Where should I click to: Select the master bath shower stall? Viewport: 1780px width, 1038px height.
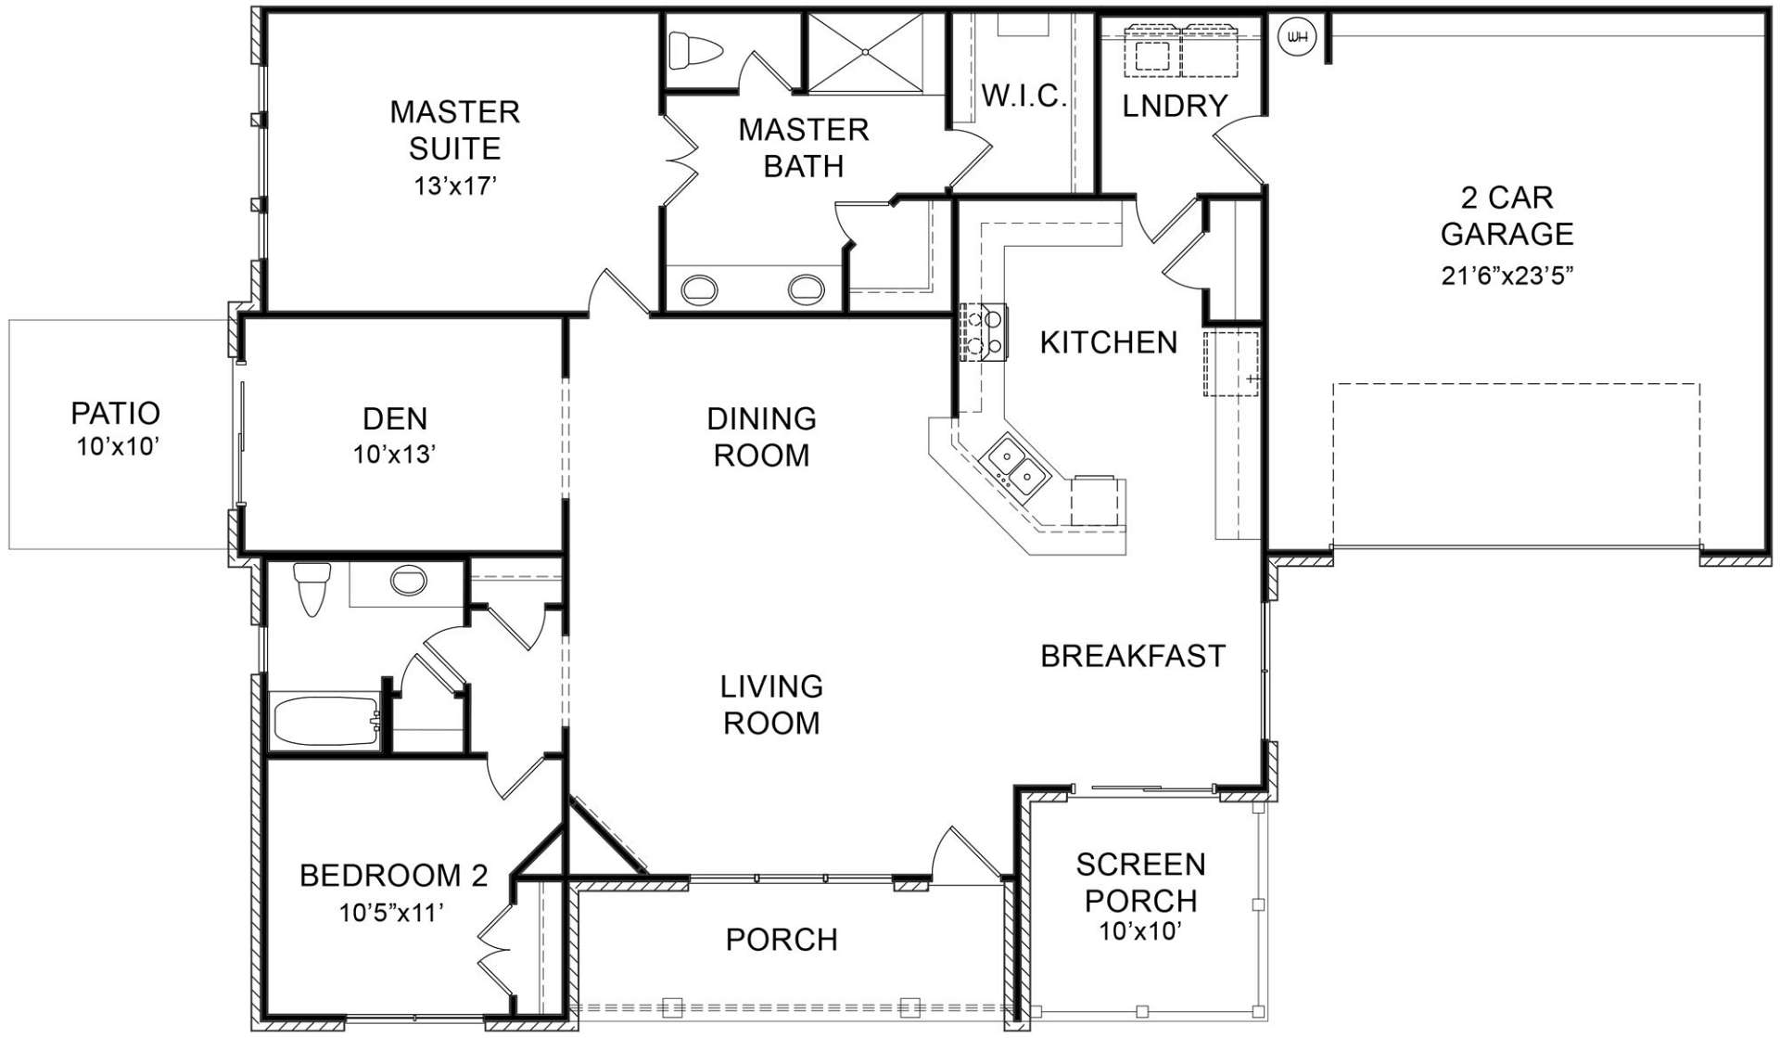pyautogui.click(x=867, y=53)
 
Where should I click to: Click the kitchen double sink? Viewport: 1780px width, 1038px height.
pyautogui.click(x=1017, y=467)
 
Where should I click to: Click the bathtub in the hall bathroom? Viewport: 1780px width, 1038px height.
pyautogui.click(x=325, y=720)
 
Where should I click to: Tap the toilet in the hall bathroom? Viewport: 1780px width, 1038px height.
pyautogui.click(x=311, y=588)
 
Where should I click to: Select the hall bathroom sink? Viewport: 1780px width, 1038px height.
pyautogui.click(x=408, y=582)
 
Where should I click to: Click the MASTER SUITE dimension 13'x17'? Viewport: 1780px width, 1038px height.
pyautogui.click(x=455, y=186)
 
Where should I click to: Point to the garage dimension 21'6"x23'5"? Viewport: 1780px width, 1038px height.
pyautogui.click(x=1507, y=276)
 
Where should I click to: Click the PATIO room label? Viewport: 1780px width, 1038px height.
pyautogui.click(x=116, y=413)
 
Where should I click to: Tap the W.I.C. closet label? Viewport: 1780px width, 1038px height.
pyautogui.click(x=1023, y=96)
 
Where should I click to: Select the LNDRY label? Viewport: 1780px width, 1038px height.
pyautogui.click(x=1175, y=106)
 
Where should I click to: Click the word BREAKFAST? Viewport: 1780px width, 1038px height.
pyautogui.click(x=1133, y=656)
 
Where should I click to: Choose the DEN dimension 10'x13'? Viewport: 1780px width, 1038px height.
pyautogui.click(x=395, y=455)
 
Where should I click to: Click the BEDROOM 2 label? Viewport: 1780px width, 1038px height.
pyautogui.click(x=394, y=876)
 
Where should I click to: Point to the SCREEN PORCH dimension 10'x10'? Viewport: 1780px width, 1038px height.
pyautogui.click(x=1140, y=930)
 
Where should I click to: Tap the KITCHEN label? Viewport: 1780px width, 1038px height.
pyautogui.click(x=1109, y=342)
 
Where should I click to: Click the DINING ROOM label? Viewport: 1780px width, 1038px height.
pyautogui.click(x=762, y=437)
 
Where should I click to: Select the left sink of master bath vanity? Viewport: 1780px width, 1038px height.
pyautogui.click(x=699, y=289)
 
